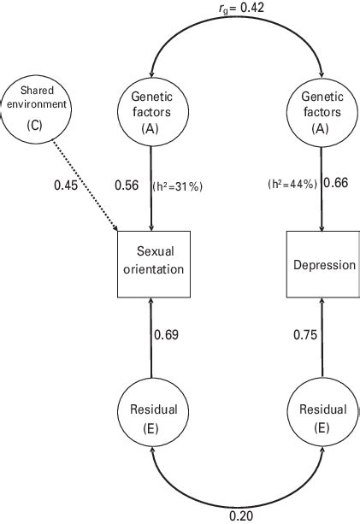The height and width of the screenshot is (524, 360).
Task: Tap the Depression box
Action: tap(322, 265)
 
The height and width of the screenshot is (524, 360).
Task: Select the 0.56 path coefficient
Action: tap(127, 185)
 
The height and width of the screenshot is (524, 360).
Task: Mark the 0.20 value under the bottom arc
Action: tap(241, 516)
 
